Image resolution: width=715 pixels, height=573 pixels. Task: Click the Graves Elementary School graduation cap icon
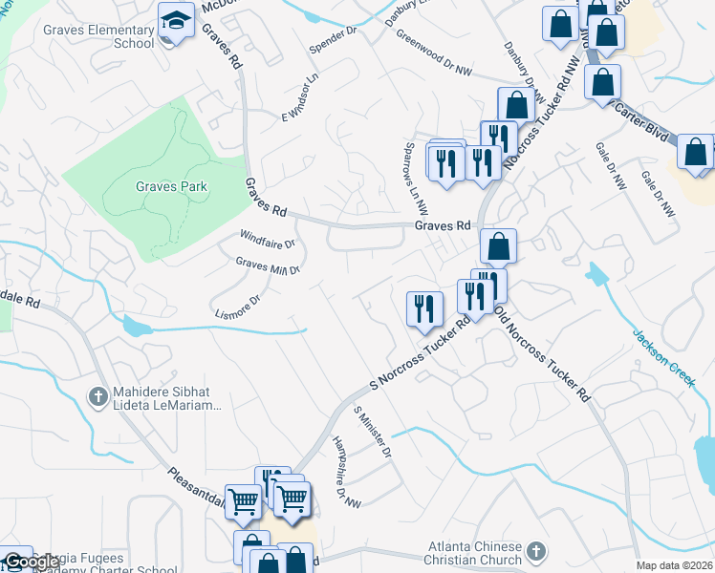[x=177, y=21]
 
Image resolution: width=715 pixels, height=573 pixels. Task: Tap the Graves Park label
[x=171, y=186]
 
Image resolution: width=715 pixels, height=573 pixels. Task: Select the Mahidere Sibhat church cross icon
[x=97, y=395]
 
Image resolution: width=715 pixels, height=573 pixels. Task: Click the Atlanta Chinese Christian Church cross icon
[x=535, y=551]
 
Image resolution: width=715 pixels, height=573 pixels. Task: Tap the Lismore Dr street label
[x=238, y=307]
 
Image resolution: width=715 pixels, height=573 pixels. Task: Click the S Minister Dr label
[x=373, y=432]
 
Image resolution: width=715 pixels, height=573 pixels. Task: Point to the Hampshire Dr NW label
[x=346, y=472]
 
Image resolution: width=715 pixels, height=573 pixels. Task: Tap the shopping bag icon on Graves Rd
[x=498, y=246]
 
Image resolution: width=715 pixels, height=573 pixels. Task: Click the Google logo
[x=32, y=562]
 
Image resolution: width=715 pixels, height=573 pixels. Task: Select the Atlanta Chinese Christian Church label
[x=475, y=551]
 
